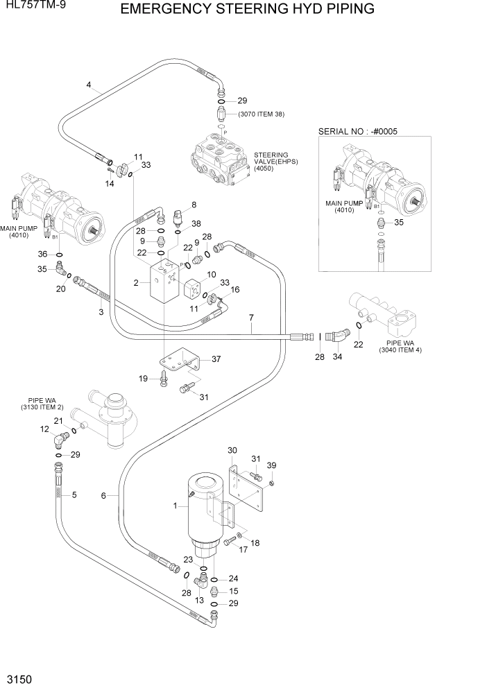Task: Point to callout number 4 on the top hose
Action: pos(89,85)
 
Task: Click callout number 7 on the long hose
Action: pos(251,318)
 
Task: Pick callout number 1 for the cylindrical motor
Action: pos(176,506)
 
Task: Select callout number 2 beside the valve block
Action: pos(137,282)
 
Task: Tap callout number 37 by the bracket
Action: pos(216,359)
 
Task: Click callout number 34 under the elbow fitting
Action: pos(339,357)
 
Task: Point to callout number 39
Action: pos(272,465)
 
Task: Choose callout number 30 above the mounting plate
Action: pos(232,450)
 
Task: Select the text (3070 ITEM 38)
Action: pos(261,114)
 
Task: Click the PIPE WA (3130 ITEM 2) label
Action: pos(42,404)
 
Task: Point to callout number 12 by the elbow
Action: pos(44,430)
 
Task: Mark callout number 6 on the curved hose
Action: pos(103,495)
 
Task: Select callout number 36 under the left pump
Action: pos(42,255)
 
